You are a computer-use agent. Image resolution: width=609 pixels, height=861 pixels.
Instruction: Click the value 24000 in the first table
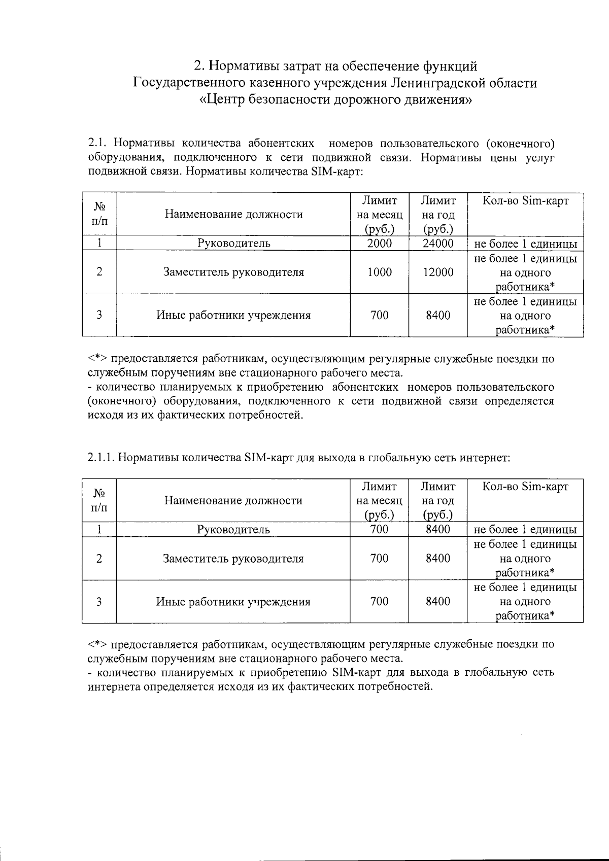pos(438,244)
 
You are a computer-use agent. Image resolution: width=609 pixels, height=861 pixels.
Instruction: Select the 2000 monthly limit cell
pos(380,244)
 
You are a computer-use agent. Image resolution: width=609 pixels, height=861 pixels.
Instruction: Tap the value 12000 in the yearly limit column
pos(438,272)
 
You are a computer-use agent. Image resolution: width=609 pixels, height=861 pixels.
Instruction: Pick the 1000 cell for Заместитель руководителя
pos(380,272)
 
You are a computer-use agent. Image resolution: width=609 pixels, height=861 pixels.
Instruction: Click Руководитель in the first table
pos(233,244)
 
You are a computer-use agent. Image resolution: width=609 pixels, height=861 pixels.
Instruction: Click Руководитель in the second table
pos(233,530)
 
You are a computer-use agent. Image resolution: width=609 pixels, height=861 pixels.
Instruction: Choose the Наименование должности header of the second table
pos(233,501)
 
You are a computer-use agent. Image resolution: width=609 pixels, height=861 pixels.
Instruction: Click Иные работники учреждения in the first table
pos(233,316)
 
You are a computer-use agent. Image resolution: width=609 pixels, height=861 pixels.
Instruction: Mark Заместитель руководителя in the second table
pos(233,559)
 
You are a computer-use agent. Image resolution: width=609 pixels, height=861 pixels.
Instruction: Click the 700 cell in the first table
pos(380,316)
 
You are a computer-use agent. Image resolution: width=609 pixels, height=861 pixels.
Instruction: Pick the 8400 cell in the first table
pos(438,316)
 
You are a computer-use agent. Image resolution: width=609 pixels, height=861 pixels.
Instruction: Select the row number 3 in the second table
pos(99,602)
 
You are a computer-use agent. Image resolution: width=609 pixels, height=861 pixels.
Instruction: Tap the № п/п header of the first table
pos(99,214)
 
